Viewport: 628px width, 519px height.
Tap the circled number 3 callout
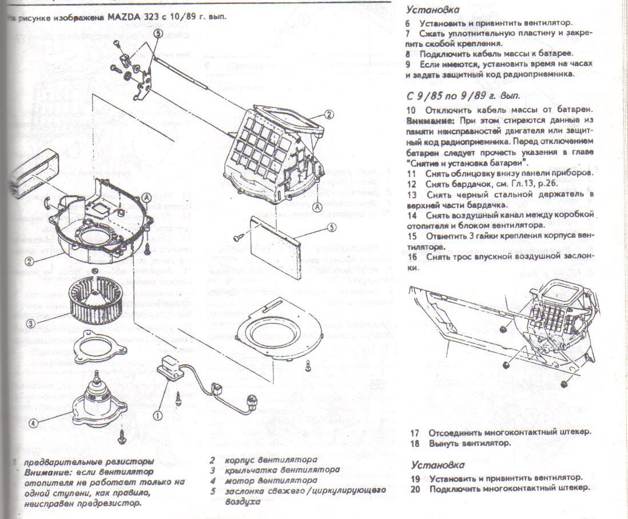click(32, 323)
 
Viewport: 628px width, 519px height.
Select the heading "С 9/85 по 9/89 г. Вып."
click(463, 95)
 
